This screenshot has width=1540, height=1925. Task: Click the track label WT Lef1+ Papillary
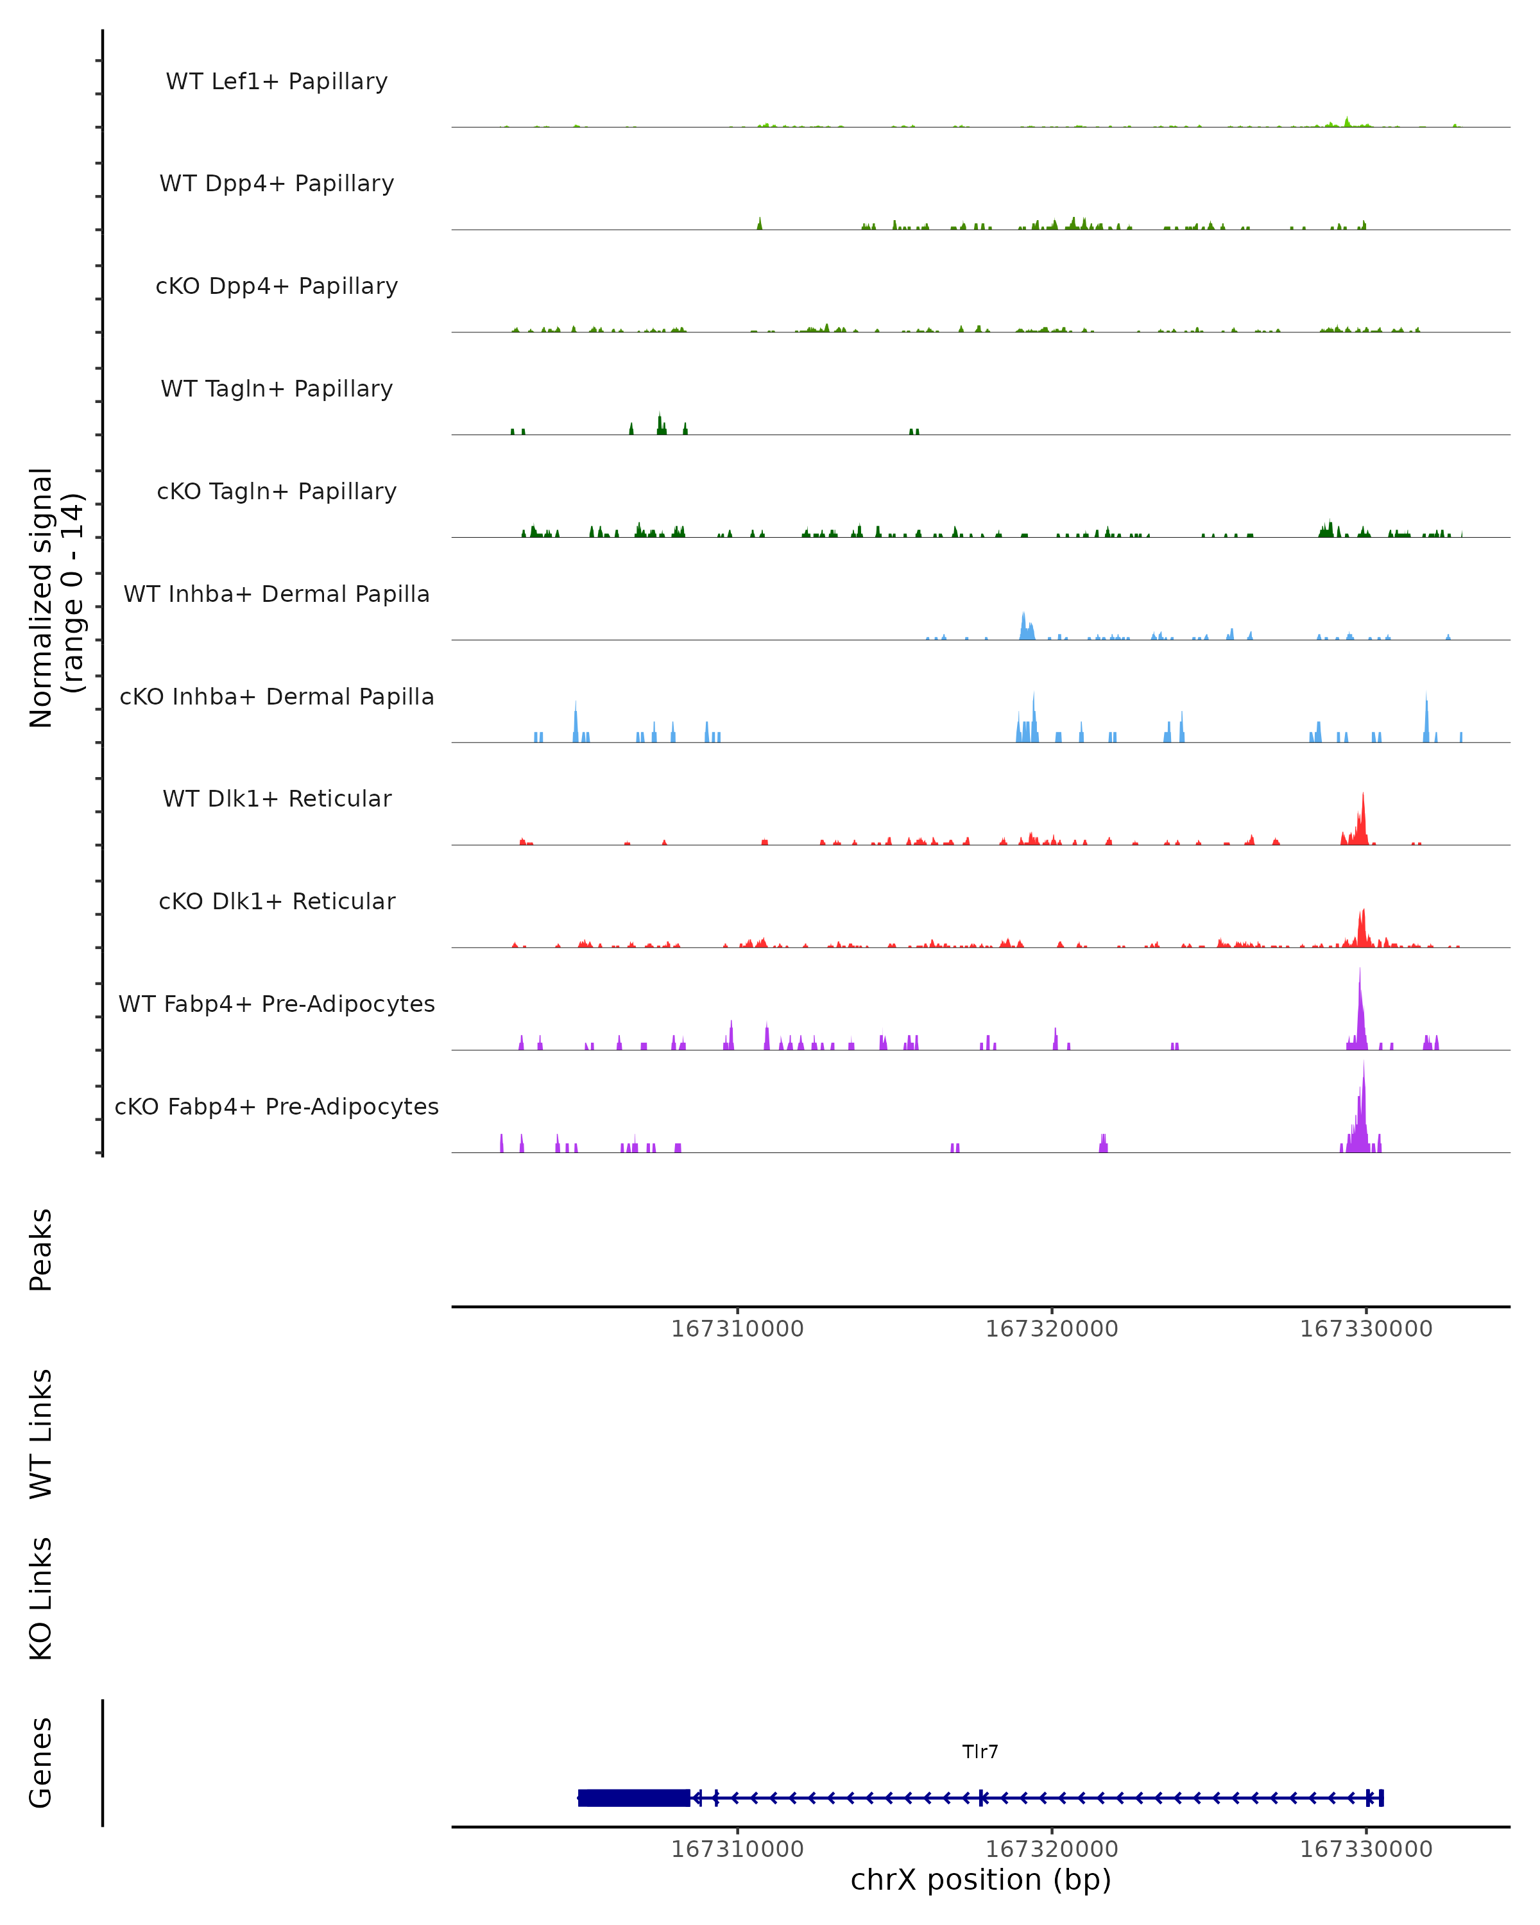coord(277,81)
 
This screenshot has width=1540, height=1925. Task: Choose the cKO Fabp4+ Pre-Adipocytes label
coord(277,1106)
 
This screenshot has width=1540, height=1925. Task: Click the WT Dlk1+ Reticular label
coord(277,798)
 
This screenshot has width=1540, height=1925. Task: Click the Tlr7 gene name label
coord(980,1752)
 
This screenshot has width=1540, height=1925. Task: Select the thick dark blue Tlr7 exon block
coord(634,1797)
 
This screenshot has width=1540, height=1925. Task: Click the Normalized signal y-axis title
coord(55,597)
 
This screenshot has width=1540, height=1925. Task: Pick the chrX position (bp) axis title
coord(980,1879)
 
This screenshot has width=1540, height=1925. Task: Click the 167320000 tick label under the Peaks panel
coord(1052,1329)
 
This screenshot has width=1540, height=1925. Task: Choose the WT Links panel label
coord(41,1433)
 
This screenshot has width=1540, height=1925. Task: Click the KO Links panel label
coord(41,1598)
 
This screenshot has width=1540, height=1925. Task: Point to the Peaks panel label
coord(41,1250)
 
